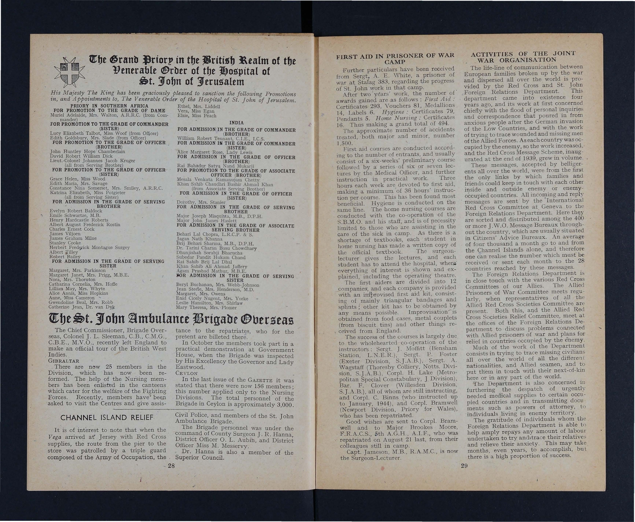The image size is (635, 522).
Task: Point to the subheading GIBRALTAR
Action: point(64,361)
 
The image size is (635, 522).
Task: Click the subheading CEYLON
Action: point(186,373)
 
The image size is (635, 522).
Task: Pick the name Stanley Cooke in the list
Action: point(65,243)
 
